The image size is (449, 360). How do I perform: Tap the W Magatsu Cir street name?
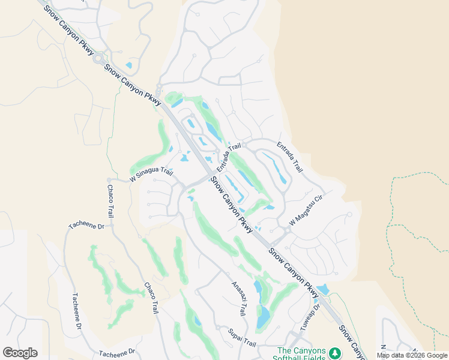tap(306, 208)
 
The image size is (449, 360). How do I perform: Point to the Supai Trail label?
tap(242, 338)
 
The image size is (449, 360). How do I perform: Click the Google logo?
tap(20, 353)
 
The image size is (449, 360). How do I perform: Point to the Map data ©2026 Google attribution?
tap(412, 355)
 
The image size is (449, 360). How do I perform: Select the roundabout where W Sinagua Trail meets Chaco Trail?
tap(109, 180)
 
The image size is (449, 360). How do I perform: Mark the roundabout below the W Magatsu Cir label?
tap(288, 229)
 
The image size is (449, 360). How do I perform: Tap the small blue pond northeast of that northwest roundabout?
tap(128, 65)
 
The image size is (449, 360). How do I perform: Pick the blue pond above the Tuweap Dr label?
tap(323, 290)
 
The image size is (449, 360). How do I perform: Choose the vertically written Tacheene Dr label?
tap(77, 311)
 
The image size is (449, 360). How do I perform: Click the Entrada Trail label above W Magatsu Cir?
tap(289, 157)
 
